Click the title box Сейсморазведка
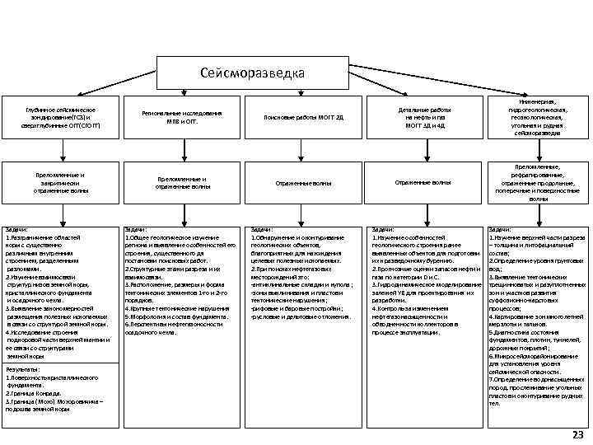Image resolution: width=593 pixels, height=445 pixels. click(x=252, y=73)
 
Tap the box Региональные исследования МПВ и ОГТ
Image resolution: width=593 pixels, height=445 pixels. click(x=182, y=117)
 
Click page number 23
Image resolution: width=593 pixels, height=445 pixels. click(x=577, y=434)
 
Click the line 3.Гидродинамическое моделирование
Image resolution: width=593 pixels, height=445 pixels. click(x=424, y=284)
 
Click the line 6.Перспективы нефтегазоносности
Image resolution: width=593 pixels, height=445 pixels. click(x=172, y=324)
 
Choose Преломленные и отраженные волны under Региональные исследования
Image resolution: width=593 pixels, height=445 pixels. click(x=182, y=182)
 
